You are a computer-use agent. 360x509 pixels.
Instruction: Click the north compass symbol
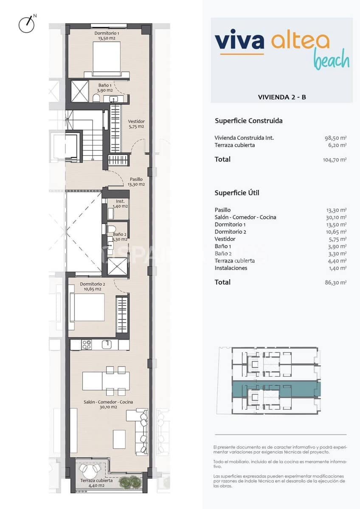point(27,24)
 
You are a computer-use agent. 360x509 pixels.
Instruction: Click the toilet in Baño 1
point(96,98)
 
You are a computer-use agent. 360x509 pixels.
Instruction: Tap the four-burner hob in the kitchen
point(87,344)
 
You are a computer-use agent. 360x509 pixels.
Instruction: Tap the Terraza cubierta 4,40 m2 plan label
point(96,483)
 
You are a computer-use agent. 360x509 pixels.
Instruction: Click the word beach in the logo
point(331,60)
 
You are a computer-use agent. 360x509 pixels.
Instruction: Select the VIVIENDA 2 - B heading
point(282,97)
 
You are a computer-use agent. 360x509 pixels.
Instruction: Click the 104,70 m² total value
point(335,160)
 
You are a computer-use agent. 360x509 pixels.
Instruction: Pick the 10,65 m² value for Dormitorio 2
point(335,232)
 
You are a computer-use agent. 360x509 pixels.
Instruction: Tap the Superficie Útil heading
point(237,193)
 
